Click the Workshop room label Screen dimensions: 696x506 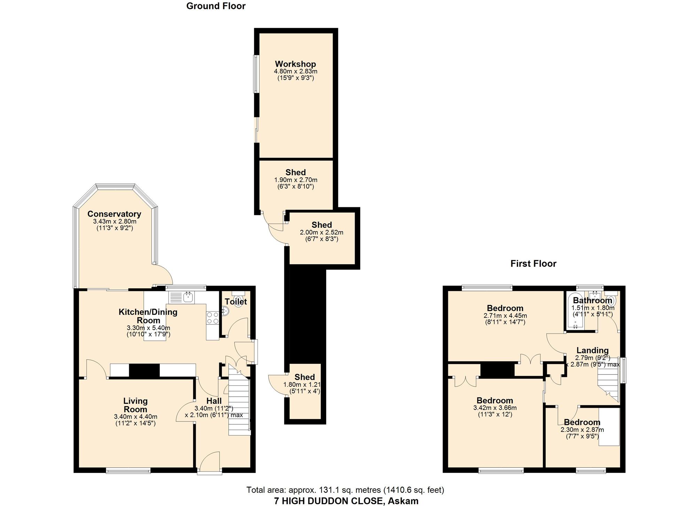point(295,64)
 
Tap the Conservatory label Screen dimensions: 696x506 point(114,214)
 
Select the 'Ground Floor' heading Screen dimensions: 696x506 point(216,6)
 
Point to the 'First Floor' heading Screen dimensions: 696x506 point(533,264)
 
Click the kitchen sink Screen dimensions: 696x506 point(188,297)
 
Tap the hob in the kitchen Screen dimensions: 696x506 point(213,318)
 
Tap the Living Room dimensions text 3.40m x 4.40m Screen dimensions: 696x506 point(135,417)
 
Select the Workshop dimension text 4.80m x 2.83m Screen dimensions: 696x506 point(295,71)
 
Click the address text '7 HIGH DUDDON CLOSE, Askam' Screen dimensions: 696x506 point(346,501)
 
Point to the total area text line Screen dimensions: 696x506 point(345,490)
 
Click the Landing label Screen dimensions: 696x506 point(592,351)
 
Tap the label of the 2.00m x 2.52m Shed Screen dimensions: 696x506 point(322,225)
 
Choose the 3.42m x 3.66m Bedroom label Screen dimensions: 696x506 point(495,401)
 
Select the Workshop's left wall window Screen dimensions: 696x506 point(256,74)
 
